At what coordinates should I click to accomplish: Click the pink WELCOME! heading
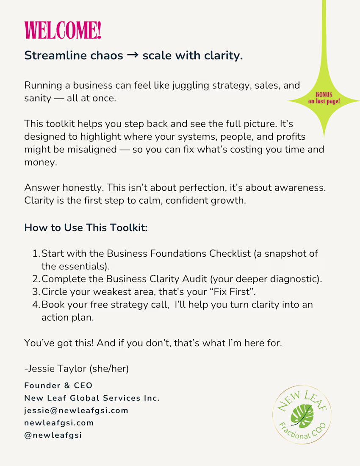pos(63,31)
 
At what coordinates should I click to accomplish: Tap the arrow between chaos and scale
pos(133,55)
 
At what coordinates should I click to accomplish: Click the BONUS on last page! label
pos(324,98)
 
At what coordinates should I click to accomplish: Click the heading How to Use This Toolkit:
pos(86,227)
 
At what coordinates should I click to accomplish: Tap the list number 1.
pos(36,254)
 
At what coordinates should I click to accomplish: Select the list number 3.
pos(36,292)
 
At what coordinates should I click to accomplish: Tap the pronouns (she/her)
pos(109,369)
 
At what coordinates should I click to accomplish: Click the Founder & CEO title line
pos(58,386)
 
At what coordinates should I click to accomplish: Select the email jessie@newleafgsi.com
pos(76,411)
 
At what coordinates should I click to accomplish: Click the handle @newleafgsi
pos(53,435)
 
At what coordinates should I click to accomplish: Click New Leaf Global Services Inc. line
pos(92,398)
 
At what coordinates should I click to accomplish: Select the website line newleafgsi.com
pos(59,423)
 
